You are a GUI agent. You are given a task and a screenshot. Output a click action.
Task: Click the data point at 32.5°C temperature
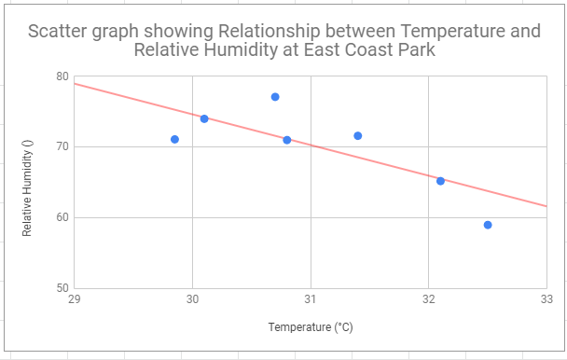click(488, 225)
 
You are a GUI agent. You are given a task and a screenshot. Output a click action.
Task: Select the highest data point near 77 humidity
click(275, 97)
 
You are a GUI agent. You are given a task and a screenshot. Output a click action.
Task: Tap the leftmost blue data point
click(174, 139)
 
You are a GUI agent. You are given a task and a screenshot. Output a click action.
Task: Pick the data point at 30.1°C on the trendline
click(204, 118)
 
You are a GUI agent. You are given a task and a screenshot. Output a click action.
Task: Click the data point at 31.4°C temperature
click(358, 135)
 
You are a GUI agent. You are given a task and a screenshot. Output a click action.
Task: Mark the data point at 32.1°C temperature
click(440, 181)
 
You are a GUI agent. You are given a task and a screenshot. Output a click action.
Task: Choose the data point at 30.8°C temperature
click(287, 140)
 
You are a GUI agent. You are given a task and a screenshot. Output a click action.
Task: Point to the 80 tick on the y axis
click(62, 76)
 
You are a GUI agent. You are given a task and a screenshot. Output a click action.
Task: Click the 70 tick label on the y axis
click(62, 146)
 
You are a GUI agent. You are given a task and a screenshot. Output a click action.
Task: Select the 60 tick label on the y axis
click(62, 217)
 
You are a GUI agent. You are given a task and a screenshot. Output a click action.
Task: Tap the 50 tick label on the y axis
click(62, 288)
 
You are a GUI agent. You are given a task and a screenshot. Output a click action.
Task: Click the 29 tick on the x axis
click(75, 299)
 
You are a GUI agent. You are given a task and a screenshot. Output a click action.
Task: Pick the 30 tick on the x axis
click(192, 299)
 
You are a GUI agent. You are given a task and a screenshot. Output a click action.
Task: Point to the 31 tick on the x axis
click(311, 299)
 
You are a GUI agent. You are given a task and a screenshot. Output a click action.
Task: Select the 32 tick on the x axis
click(429, 299)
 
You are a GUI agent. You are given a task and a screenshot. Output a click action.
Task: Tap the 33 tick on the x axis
click(546, 299)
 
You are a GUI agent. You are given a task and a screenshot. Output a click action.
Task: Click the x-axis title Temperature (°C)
click(311, 327)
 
